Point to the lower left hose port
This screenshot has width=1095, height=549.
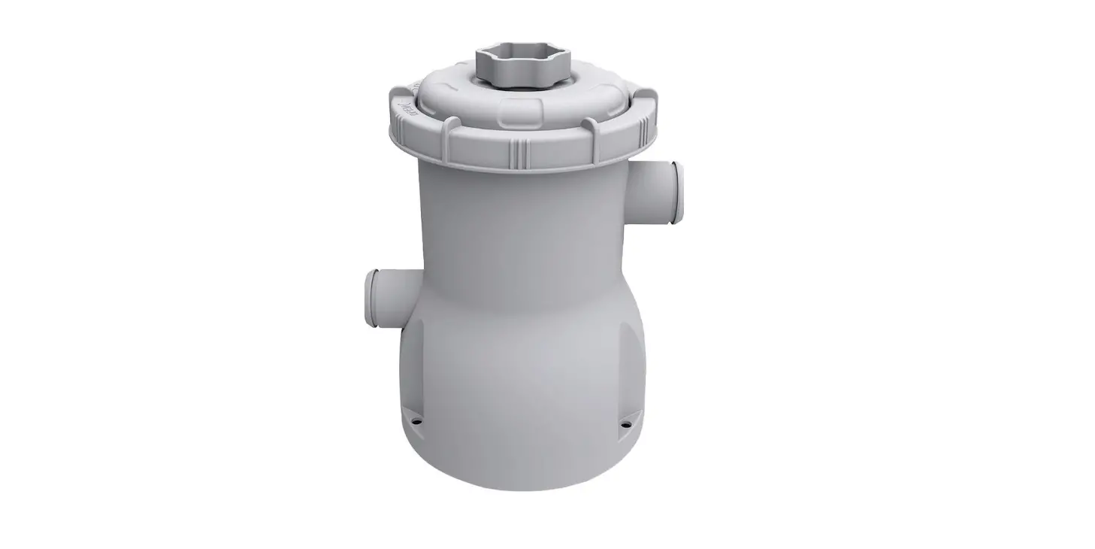tap(387, 296)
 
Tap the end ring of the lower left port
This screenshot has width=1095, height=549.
tap(371, 298)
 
